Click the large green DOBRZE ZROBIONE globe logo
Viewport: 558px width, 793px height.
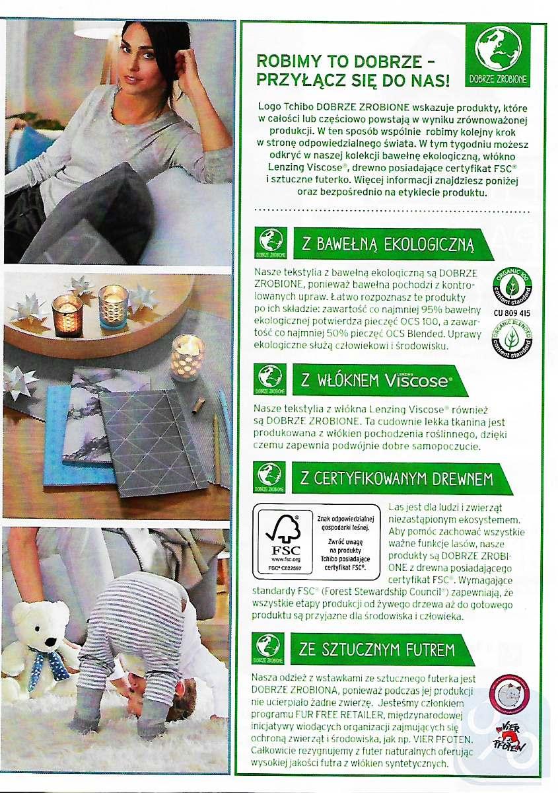(x=499, y=56)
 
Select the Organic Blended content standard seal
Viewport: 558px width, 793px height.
(x=511, y=338)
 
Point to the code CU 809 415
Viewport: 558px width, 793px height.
(x=511, y=313)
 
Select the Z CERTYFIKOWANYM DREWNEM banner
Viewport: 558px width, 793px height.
(x=401, y=479)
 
